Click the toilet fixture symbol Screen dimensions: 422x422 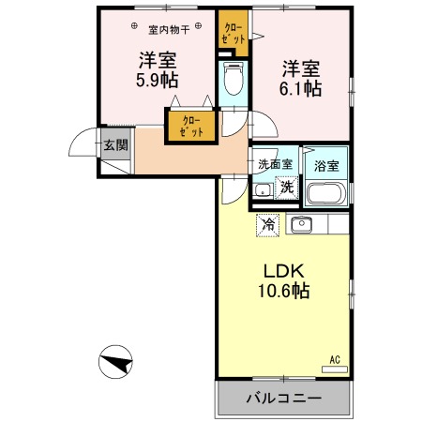coord(234,78)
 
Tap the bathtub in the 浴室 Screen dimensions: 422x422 coord(326,193)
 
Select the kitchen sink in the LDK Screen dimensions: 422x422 coord(302,224)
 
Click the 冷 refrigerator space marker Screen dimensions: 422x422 coord(267,225)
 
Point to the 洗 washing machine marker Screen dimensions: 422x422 coord(287,188)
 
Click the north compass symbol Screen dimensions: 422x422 coord(115,362)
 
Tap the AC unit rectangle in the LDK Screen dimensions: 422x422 coord(335,369)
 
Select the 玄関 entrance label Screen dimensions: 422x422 coord(116,145)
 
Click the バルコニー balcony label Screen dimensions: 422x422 coord(284,399)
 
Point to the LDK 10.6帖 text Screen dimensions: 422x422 coord(284,280)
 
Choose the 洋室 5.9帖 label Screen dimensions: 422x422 coord(158,70)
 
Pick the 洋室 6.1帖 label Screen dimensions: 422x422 coord(300,78)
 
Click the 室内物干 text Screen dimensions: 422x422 coord(169,30)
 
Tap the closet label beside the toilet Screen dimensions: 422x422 coord(234,33)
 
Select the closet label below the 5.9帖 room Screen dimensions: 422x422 coord(191,126)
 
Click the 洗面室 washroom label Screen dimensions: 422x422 coord(275,164)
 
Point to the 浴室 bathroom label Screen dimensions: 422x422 coord(326,166)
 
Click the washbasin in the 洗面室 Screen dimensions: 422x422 coord(263,190)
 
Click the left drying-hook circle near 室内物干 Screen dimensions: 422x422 coord(134,26)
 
